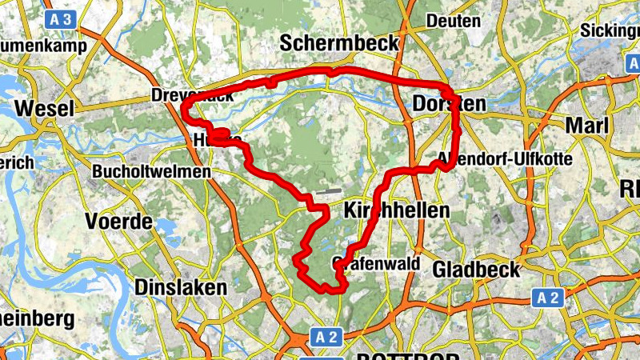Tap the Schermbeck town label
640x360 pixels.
[x=339, y=44]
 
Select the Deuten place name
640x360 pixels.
[x=453, y=20]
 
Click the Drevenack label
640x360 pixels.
[x=193, y=96]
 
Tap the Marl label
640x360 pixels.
[x=586, y=126]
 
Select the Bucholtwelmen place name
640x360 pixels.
[x=151, y=171]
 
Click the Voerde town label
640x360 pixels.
[x=118, y=221]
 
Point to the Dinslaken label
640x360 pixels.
[x=182, y=286]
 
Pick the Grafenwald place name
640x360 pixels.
[x=374, y=263]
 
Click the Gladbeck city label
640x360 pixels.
[x=476, y=270]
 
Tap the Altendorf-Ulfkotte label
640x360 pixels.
[x=506, y=159]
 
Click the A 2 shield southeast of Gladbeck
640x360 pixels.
[x=547, y=298]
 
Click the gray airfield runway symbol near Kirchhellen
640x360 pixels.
[x=327, y=191]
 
